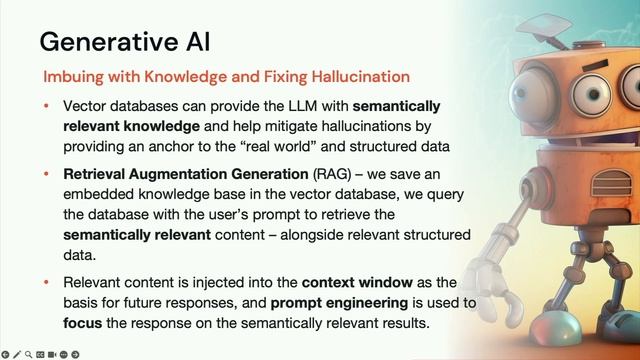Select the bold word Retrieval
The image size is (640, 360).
(x=97, y=174)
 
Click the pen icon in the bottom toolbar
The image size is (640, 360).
(x=17, y=354)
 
